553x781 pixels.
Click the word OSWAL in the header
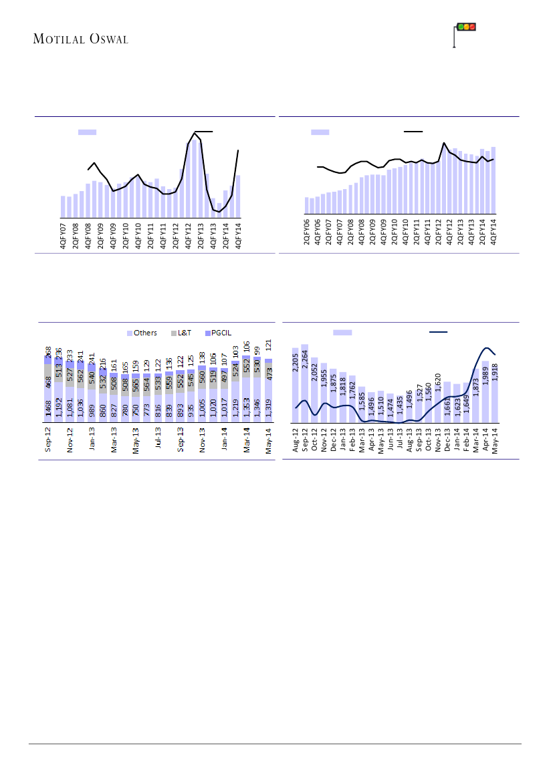pos(106,39)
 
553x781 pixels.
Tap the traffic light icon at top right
pos(465,27)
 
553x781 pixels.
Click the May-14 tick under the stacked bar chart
pos(269,442)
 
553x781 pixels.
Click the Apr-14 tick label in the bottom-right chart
pos(485,440)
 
